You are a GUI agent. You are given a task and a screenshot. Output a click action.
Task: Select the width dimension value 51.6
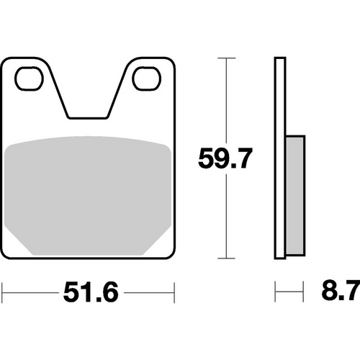click(89, 293)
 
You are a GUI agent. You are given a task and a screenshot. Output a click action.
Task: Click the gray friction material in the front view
click(89, 194)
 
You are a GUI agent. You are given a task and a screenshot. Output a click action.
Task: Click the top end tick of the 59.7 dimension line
click(227, 58)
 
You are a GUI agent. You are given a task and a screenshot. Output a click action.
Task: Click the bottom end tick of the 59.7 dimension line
click(227, 258)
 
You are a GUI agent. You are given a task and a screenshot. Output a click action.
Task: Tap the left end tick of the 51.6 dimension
click(3, 293)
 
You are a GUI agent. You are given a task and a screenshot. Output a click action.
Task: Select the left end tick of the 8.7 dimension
click(276, 293)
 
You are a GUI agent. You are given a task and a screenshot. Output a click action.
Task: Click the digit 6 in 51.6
click(110, 293)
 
